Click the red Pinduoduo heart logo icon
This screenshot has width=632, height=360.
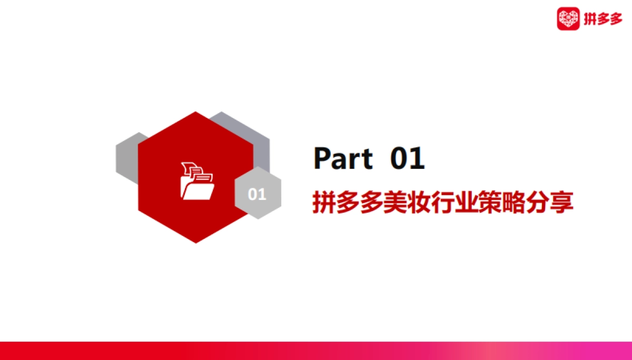point(568,19)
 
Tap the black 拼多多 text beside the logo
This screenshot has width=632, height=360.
point(603,19)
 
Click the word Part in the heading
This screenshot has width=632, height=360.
point(343,158)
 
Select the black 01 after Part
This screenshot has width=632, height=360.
point(407,158)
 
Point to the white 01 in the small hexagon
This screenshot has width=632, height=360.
point(257,194)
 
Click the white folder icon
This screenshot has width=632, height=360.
point(197,181)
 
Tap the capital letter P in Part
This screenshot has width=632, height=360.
point(322,158)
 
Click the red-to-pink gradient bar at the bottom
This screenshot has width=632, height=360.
point(316,351)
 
